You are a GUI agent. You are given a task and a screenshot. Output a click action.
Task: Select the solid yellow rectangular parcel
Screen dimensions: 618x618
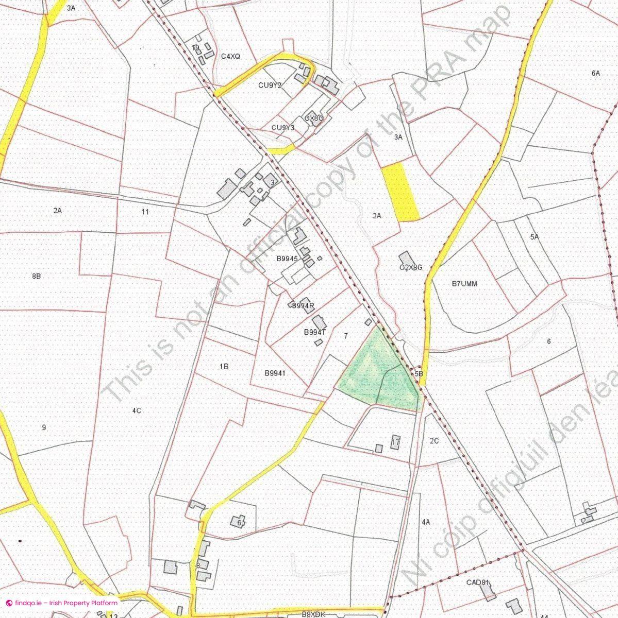tap(400, 192)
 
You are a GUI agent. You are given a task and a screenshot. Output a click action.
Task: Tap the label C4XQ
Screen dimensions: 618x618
tap(230, 57)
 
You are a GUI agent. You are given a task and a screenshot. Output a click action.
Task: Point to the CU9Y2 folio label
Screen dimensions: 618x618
tap(270, 85)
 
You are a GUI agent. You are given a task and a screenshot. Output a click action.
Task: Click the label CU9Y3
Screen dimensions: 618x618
tap(283, 128)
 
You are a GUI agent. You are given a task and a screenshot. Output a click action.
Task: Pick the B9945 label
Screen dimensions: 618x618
tap(287, 259)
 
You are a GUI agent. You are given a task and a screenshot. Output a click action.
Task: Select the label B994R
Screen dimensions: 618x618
tap(303, 306)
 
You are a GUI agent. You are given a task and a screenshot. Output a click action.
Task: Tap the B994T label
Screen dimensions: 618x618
tap(315, 332)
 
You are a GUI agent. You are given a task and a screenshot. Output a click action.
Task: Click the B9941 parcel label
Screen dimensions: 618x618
tap(275, 373)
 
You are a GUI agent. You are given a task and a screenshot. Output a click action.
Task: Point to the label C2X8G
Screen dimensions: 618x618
tap(411, 267)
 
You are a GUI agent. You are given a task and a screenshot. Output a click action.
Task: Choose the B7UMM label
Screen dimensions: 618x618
tap(464, 283)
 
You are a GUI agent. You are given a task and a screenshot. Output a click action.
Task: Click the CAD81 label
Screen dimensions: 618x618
tap(477, 583)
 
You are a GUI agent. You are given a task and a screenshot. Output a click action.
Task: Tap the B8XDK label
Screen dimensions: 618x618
tap(313, 614)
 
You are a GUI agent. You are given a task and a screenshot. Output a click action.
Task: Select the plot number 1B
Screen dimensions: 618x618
tap(224, 366)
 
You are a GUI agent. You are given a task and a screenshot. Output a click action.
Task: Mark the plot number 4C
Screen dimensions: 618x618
tap(137, 410)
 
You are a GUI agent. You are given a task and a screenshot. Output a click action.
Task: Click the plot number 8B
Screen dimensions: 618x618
tap(36, 276)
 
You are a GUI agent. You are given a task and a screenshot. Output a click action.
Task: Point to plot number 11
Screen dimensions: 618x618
tap(145, 212)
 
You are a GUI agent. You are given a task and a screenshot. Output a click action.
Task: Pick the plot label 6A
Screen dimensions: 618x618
tap(596, 73)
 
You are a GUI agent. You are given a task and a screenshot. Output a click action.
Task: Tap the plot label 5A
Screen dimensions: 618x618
tap(534, 237)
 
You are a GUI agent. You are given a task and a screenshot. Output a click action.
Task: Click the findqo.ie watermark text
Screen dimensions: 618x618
tap(62, 603)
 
